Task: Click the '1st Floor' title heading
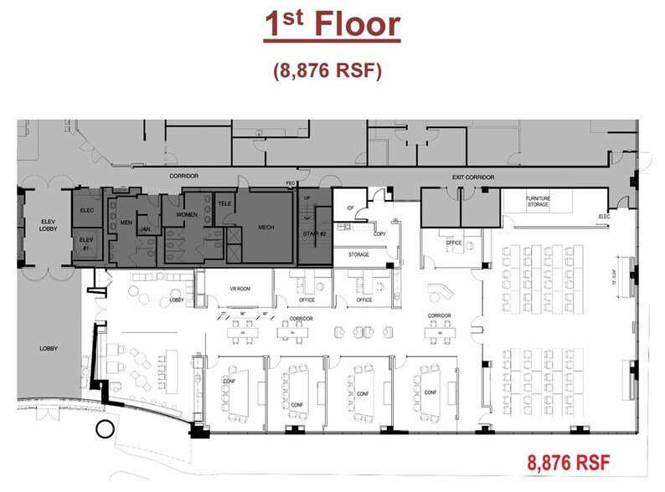(x=332, y=25)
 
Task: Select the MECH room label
(x=265, y=227)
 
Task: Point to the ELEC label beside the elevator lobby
(x=87, y=210)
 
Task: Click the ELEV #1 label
(x=86, y=243)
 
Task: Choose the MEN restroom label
(x=126, y=222)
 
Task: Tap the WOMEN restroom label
(x=186, y=215)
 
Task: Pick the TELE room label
(x=224, y=203)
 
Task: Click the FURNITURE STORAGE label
(x=538, y=201)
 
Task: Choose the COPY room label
(x=379, y=233)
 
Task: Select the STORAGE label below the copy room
(x=358, y=254)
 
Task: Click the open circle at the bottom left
(x=105, y=431)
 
